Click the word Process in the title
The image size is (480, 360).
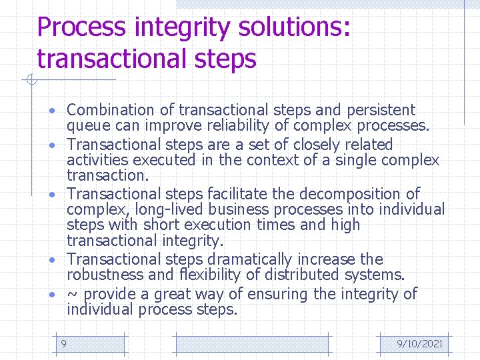[x=81, y=27]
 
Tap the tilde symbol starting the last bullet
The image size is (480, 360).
[x=73, y=294]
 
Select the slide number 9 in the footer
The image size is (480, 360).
[x=63, y=343]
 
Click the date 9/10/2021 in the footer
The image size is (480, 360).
[x=419, y=344]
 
